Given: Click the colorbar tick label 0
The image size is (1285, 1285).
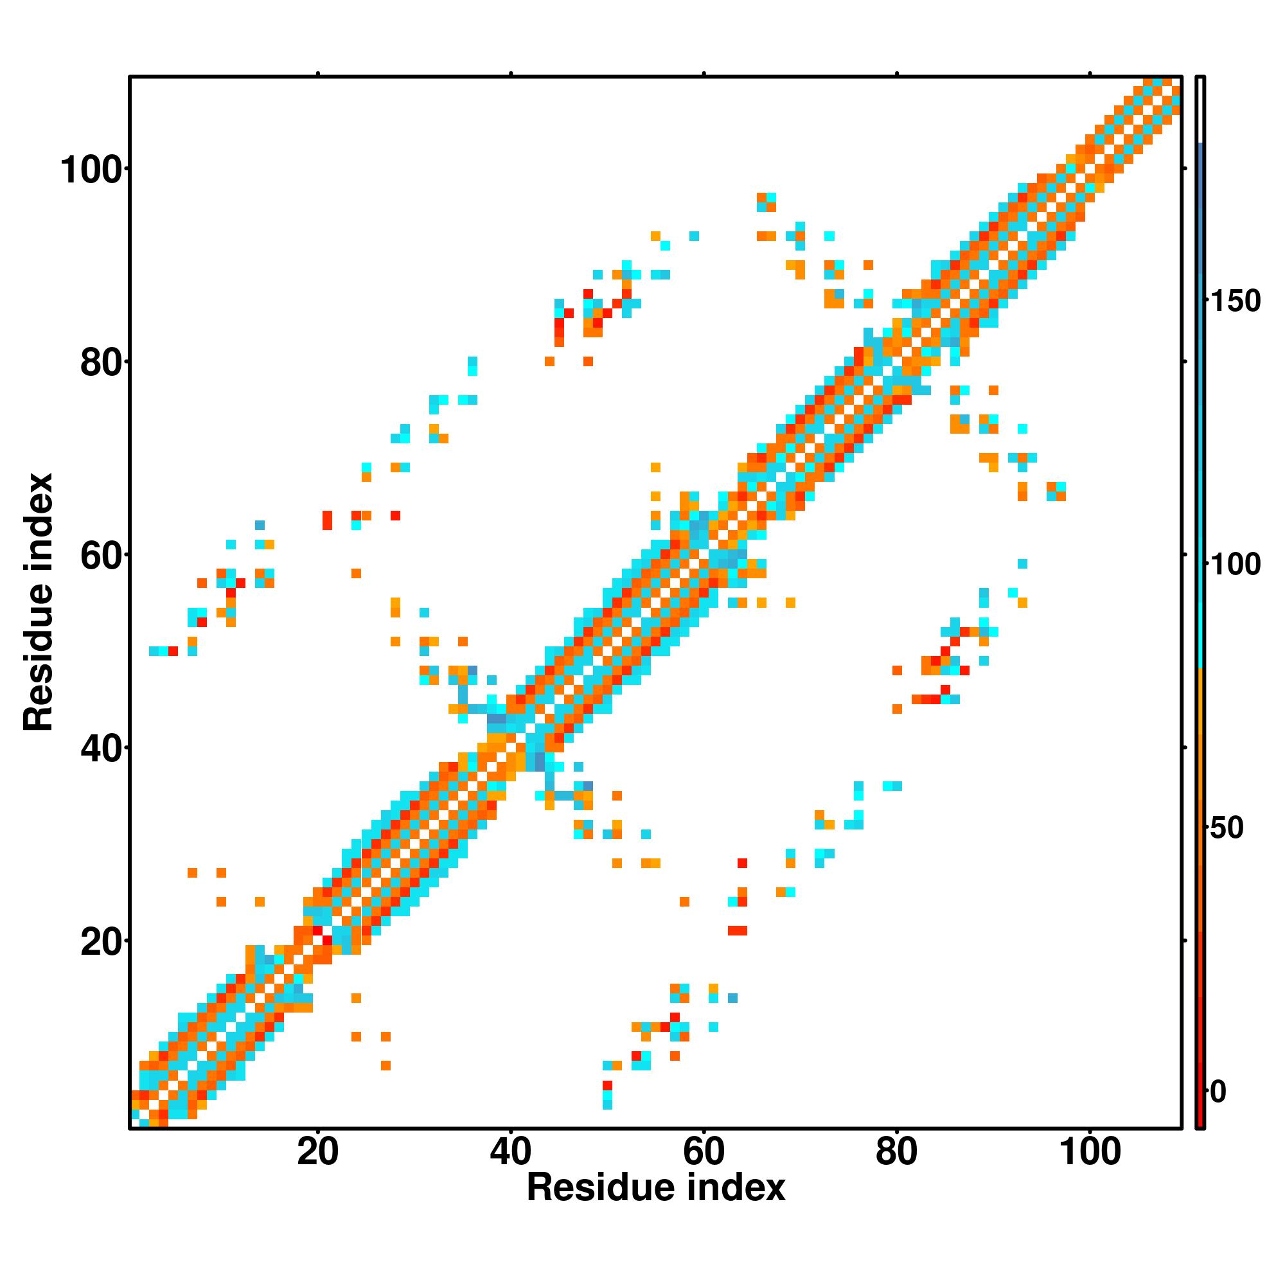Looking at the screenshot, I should click(1218, 1092).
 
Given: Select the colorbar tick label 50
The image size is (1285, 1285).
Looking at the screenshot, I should click(1227, 829).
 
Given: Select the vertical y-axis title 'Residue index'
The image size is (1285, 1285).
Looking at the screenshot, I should click(39, 602).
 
